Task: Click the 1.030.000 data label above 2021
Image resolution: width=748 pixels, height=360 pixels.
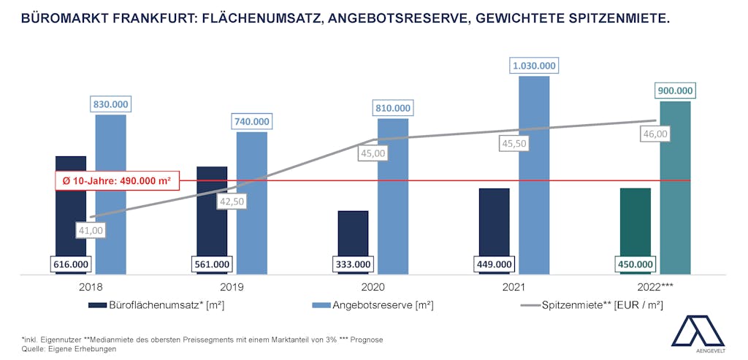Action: [533, 66]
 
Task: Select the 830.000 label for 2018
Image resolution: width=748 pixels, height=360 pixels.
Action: [110, 104]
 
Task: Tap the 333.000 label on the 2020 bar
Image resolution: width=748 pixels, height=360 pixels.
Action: [353, 264]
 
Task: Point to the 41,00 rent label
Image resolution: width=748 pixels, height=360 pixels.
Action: [91, 230]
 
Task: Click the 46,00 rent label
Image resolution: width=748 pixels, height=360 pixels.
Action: [654, 134]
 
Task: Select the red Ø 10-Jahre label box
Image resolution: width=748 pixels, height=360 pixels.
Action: [117, 181]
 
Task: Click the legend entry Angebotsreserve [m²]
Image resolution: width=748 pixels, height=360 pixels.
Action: [373, 305]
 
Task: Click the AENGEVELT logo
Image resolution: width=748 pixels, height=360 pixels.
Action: [698, 334]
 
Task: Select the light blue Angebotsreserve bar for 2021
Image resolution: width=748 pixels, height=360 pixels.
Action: [534, 175]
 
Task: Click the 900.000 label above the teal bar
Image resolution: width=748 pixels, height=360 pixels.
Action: [675, 91]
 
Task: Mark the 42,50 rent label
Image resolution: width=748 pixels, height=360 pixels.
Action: [232, 201]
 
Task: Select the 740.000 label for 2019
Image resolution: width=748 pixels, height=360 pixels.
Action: [251, 122]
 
